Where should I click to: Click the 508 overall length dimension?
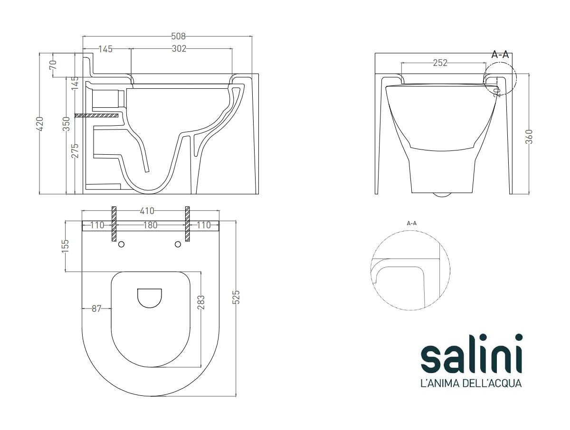179,37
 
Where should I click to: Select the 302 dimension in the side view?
179,48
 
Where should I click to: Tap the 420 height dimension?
40,124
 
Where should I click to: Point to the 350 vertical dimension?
67,124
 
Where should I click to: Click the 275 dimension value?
75,150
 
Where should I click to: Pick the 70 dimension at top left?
53,65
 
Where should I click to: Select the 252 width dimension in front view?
440,63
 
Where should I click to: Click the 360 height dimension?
529,137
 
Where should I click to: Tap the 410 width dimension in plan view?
147,211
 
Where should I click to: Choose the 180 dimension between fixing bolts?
151,225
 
